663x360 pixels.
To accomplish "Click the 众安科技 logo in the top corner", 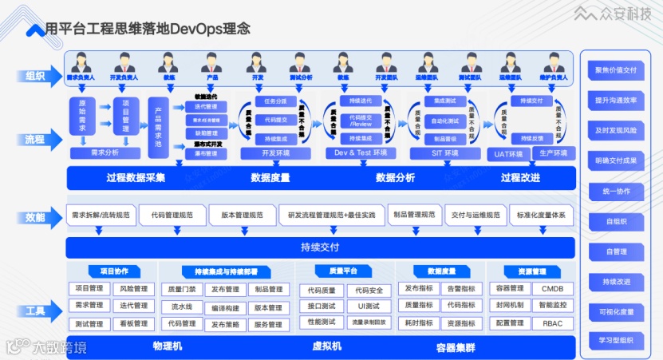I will click(x=614, y=14).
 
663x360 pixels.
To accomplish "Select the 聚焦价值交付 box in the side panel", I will click(x=615, y=69).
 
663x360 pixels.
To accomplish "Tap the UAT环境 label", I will click(x=508, y=154).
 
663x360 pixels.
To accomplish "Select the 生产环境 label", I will click(x=552, y=154).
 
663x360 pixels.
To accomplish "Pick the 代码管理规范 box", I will click(x=172, y=216).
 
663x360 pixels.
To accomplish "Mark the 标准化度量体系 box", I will click(x=541, y=216).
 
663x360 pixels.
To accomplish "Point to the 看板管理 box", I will click(x=132, y=324).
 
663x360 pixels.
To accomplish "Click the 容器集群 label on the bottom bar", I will click(x=456, y=346).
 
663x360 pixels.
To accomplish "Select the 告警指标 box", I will click(x=460, y=288).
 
